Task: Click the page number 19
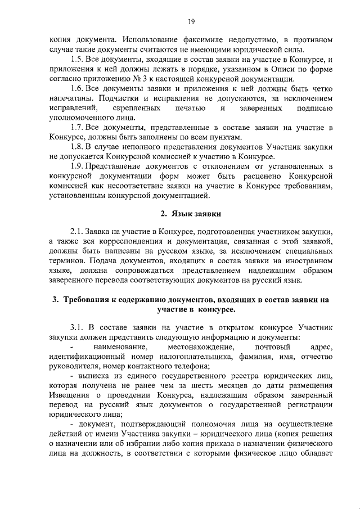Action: pos(191,21)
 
